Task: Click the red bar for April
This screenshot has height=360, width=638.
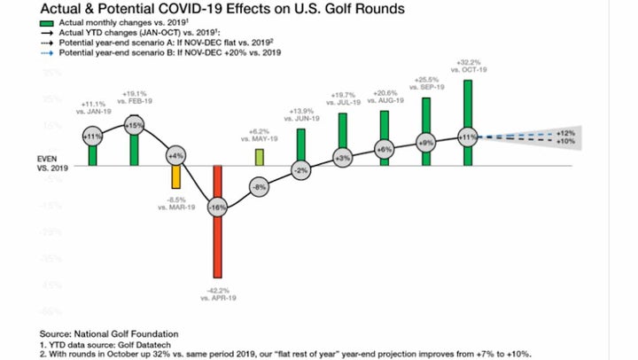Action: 217,239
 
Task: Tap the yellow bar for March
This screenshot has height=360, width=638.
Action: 175,177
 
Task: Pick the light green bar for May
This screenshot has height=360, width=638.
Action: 259,157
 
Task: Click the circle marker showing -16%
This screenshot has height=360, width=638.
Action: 217,207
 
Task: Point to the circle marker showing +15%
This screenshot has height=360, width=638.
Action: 134,126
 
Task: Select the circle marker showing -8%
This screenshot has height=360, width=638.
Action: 259,187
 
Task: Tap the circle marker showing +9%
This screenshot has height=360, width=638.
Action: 425,142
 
